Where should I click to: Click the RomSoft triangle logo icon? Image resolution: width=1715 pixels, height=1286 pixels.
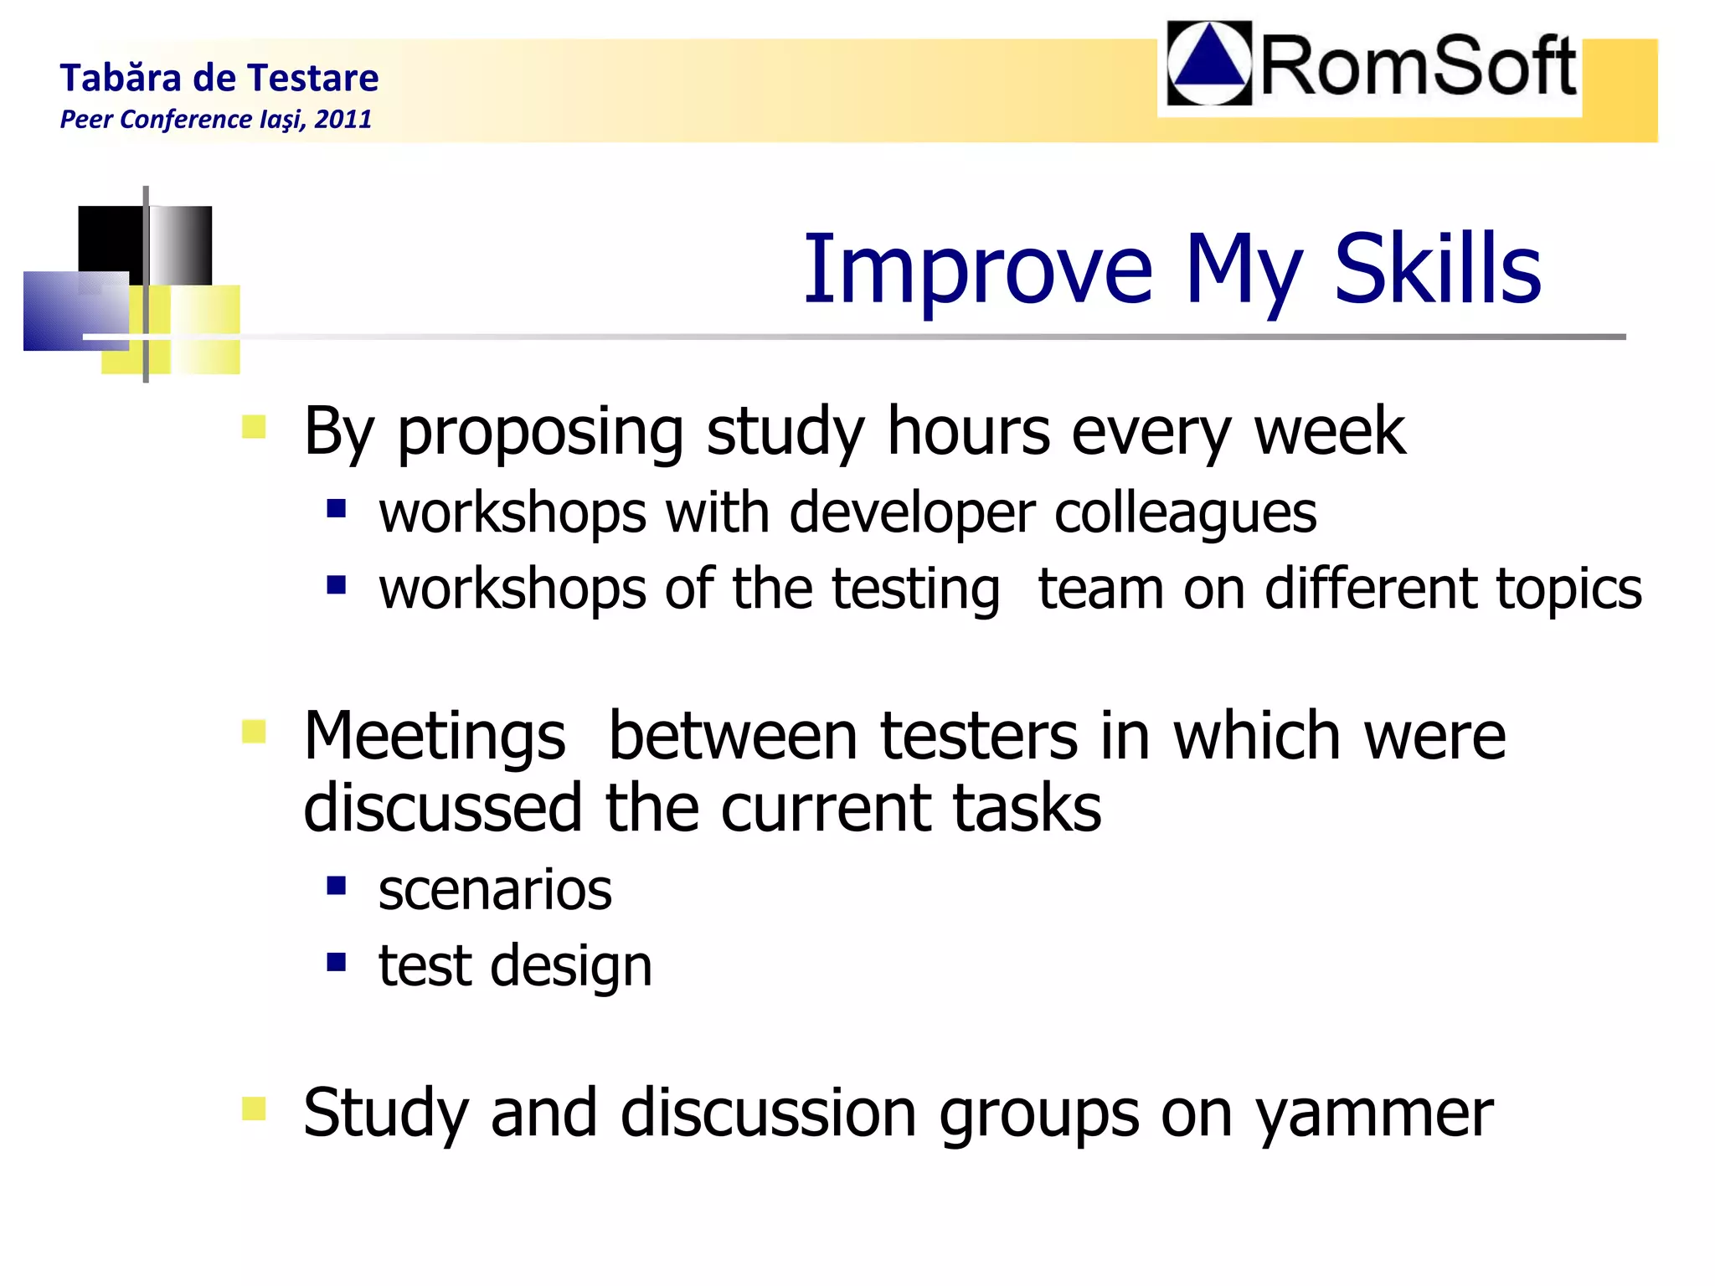coord(1209,64)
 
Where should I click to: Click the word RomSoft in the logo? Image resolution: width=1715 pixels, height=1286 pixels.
coord(1417,67)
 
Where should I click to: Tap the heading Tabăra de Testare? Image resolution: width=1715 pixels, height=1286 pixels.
coord(219,78)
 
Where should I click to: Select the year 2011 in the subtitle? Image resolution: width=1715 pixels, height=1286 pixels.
coord(343,119)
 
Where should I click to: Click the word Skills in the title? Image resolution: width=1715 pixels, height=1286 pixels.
coord(1437,270)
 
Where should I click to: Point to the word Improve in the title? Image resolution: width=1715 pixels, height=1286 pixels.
coord(978,270)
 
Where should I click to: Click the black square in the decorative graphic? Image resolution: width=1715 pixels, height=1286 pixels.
coord(111,239)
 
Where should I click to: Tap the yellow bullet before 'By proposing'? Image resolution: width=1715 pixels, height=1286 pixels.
coord(254,427)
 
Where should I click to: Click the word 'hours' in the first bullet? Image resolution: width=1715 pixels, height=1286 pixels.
coord(968,431)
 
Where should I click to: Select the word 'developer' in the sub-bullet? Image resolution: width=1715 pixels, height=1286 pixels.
coord(912,512)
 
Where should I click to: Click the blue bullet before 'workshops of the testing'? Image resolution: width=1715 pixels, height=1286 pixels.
coord(337,584)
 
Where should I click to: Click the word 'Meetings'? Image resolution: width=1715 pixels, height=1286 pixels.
coord(435,737)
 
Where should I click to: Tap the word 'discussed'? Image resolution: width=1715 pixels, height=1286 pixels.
coord(443,808)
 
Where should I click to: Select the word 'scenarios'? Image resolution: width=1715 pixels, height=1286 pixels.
coord(495,889)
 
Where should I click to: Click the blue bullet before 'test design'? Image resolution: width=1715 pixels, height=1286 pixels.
coord(337,961)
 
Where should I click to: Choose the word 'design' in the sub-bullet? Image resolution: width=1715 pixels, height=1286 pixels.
coord(570,966)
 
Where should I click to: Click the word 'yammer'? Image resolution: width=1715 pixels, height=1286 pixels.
coord(1373,1114)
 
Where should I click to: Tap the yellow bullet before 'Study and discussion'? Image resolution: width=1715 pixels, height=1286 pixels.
coord(254,1109)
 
